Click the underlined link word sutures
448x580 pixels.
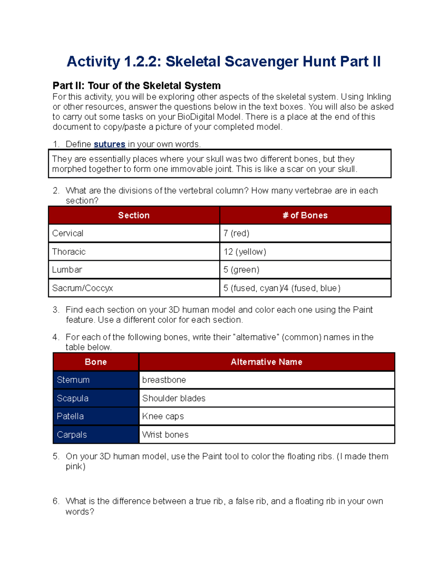[x=109, y=144]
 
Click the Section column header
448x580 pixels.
[x=134, y=215]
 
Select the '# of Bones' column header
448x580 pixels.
[x=305, y=215]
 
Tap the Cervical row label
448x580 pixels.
[x=68, y=233]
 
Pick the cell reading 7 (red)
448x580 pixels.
[x=236, y=233]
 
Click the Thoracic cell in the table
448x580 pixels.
[x=69, y=252]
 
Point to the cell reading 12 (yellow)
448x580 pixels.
[x=245, y=252]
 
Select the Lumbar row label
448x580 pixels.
[x=67, y=270]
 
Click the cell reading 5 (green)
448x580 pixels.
[x=241, y=270]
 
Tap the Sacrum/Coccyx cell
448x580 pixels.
[x=83, y=288]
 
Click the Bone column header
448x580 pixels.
[x=96, y=362]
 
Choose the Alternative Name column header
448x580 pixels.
[x=266, y=362]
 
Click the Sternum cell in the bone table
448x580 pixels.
[x=73, y=380]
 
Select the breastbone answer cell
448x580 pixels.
[x=164, y=380]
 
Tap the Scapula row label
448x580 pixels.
[x=72, y=398]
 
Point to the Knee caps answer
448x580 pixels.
[x=163, y=416]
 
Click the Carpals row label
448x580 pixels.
[x=72, y=435]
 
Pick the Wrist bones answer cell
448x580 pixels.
[x=165, y=435]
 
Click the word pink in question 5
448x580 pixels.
[x=74, y=466]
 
